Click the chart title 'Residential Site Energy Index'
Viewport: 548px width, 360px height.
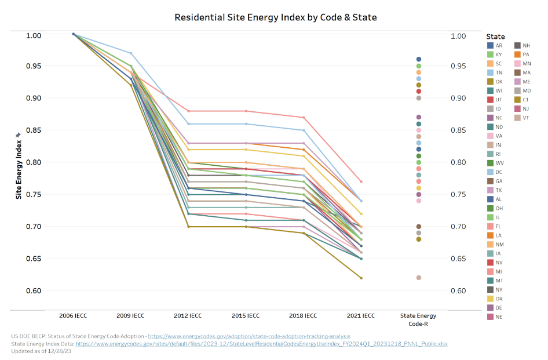[x=276, y=17]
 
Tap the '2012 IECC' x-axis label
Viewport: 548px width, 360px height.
[x=188, y=316]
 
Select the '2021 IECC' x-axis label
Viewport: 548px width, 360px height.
[x=360, y=316]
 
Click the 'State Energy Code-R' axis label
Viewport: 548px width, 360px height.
[x=418, y=319]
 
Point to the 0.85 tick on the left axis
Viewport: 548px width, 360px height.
[x=34, y=130]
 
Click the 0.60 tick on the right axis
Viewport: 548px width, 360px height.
[x=458, y=290]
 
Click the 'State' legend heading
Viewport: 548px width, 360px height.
[x=495, y=37]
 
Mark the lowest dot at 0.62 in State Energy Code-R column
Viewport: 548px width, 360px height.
[x=418, y=278]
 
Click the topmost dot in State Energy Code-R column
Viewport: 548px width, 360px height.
[x=418, y=59]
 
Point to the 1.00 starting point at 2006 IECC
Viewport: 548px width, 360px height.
[x=74, y=34]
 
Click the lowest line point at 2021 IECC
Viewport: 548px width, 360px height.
[x=360, y=278]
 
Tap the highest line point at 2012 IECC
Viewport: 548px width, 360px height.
[x=188, y=111]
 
